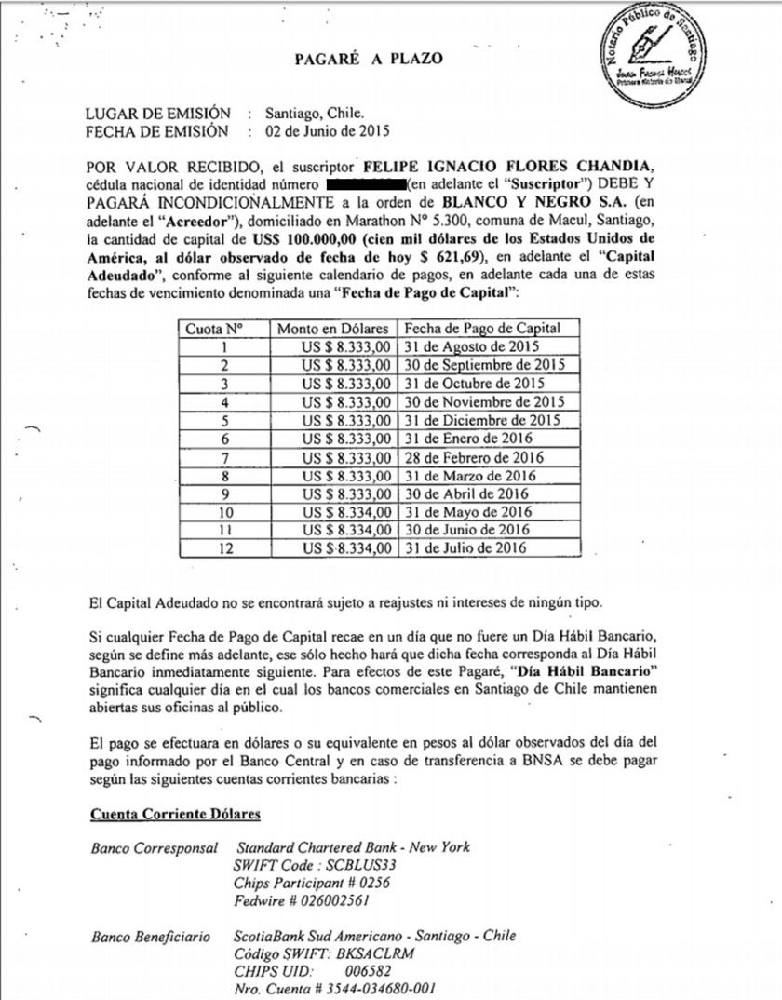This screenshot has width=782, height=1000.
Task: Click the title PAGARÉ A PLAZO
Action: [368, 60]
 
